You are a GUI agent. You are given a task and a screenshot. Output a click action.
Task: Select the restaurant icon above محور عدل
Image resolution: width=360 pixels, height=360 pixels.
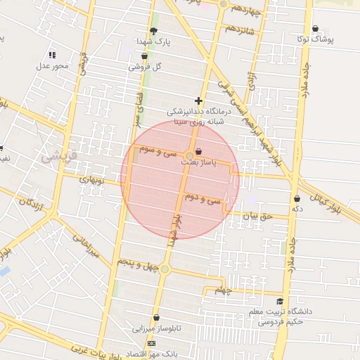(x=52, y=54)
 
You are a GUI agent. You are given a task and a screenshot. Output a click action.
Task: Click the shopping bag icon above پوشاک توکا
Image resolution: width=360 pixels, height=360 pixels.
(x=314, y=29)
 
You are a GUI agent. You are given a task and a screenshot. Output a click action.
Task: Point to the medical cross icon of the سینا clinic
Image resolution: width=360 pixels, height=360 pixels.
(x=198, y=101)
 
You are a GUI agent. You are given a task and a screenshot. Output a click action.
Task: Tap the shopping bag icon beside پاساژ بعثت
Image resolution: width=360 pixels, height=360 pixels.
(x=198, y=151)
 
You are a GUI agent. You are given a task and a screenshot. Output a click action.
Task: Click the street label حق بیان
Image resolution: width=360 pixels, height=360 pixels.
(x=256, y=217)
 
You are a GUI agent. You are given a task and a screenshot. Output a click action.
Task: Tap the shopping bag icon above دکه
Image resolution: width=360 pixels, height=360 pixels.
(x=297, y=198)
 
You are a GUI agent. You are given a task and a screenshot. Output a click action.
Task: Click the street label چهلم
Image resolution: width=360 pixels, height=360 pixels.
(x=223, y=290)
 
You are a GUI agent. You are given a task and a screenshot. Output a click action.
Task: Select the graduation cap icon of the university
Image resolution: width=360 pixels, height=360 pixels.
(x=280, y=301)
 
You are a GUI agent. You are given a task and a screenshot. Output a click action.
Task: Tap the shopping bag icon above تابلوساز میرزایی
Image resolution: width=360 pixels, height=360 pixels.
(x=155, y=318)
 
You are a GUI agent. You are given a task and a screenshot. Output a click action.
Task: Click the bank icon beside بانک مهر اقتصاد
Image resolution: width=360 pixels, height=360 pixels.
(x=153, y=343)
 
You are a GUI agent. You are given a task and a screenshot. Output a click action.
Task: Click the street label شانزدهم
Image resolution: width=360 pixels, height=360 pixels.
(x=240, y=30)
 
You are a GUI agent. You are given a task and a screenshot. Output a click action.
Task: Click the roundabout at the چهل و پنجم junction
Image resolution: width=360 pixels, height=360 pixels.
(x=165, y=269)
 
